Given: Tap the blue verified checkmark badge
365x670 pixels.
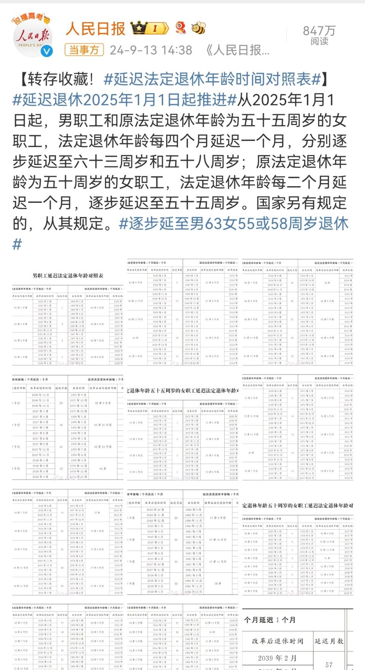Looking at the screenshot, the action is (47, 51).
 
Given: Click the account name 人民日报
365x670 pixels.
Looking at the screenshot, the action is (95, 29).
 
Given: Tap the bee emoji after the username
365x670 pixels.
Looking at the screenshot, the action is (198, 28).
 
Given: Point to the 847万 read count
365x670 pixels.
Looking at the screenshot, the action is (319, 31).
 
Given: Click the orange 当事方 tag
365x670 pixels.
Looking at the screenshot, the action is (84, 50).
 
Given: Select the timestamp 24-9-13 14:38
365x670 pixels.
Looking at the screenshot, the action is (151, 50).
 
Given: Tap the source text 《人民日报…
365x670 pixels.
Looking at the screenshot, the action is (237, 50).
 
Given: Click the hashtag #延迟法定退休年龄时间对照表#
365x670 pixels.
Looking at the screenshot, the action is (213, 79).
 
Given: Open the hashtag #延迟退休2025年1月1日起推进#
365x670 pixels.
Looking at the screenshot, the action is (125, 100).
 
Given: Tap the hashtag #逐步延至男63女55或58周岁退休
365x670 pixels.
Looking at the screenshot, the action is (233, 223).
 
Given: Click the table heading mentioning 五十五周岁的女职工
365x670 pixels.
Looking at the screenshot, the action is (183, 390).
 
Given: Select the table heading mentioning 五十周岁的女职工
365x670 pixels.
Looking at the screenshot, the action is (298, 505).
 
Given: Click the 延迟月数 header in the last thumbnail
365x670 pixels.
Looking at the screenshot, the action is (329, 641).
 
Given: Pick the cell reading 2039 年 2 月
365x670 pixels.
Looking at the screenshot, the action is (277, 658).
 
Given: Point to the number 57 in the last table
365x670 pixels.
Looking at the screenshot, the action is (329, 665).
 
